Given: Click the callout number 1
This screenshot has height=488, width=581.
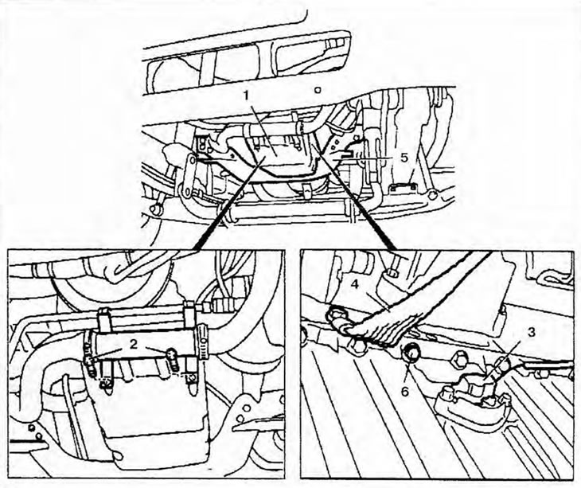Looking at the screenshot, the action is click(x=248, y=96).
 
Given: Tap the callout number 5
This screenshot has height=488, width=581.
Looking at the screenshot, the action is click(x=404, y=158).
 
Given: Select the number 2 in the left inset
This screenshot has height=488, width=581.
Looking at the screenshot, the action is click(x=134, y=344).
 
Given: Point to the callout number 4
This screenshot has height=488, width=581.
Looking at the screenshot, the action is click(x=355, y=285).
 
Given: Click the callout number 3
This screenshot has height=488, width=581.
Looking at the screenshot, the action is click(x=531, y=333).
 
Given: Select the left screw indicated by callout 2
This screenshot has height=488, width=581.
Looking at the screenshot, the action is click(x=89, y=362).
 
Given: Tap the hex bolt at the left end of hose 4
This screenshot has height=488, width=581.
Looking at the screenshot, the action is click(x=335, y=316).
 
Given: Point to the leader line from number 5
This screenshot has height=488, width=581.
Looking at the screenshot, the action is click(x=368, y=158).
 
